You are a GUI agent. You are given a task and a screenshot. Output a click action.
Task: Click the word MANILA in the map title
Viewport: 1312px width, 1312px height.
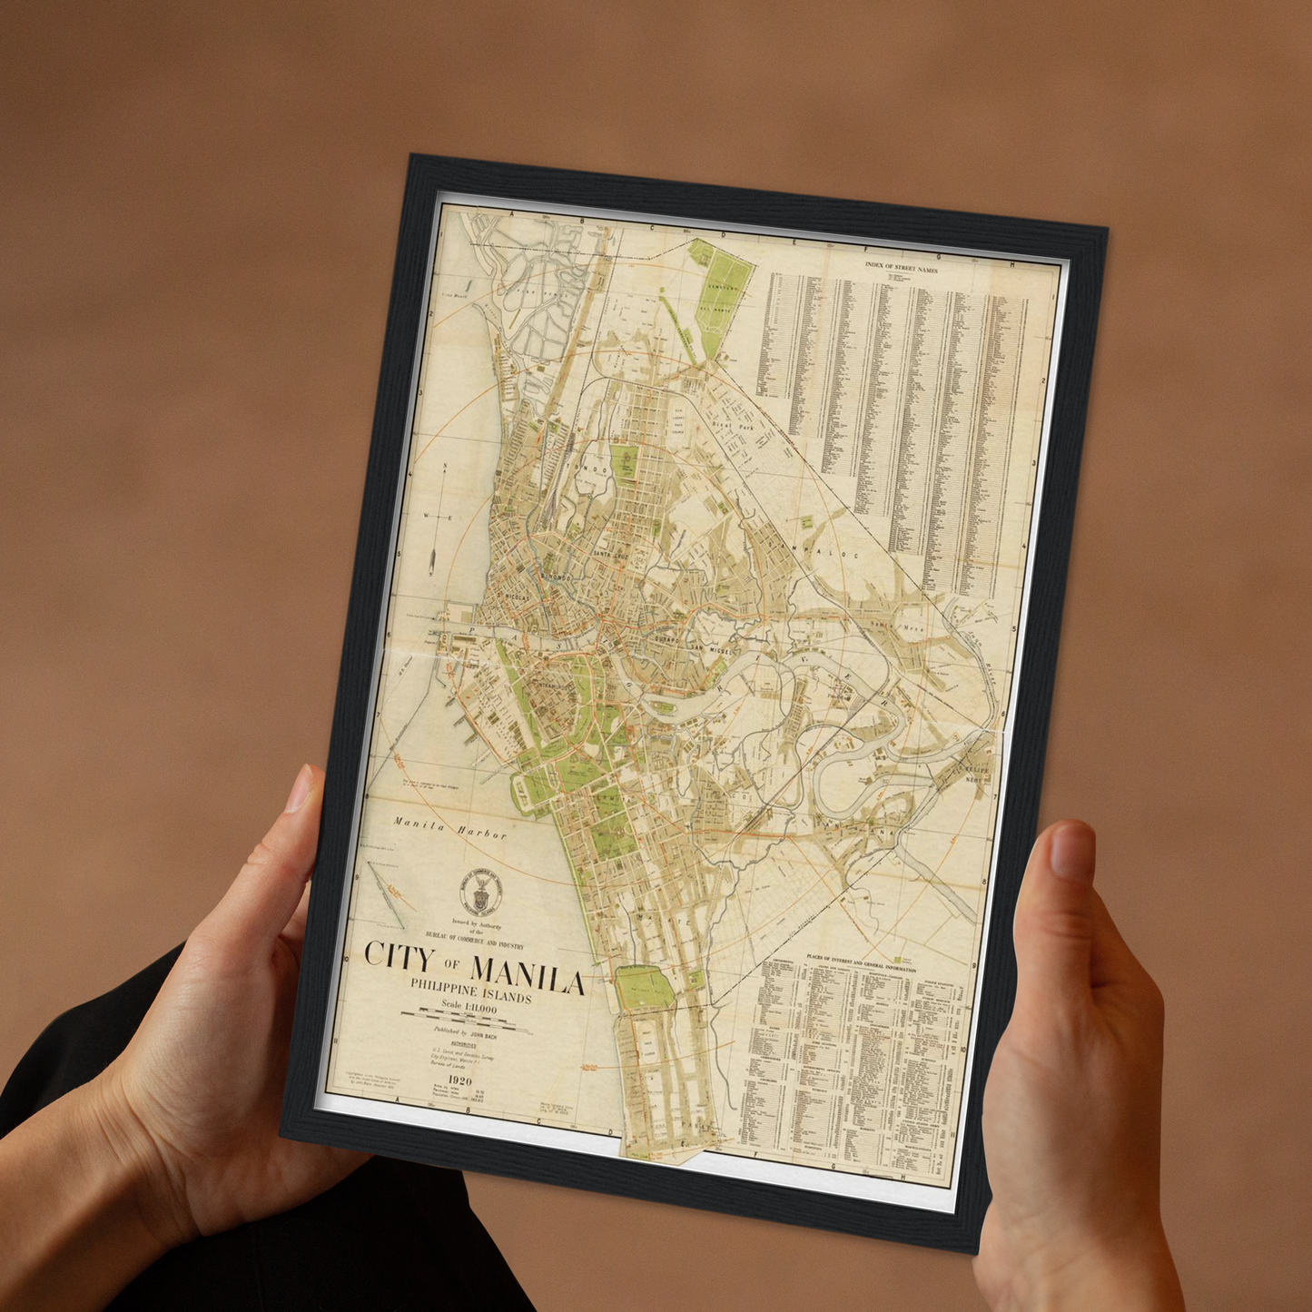point(527,979)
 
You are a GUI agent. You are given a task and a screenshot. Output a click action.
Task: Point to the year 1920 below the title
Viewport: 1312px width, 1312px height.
point(454,1080)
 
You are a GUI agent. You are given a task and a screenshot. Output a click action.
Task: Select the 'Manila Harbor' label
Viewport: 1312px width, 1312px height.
point(449,829)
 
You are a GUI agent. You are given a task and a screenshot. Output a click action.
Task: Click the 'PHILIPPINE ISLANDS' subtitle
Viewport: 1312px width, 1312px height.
point(470,990)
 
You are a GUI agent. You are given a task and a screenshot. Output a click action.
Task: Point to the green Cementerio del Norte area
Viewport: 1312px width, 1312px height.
point(724,288)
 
